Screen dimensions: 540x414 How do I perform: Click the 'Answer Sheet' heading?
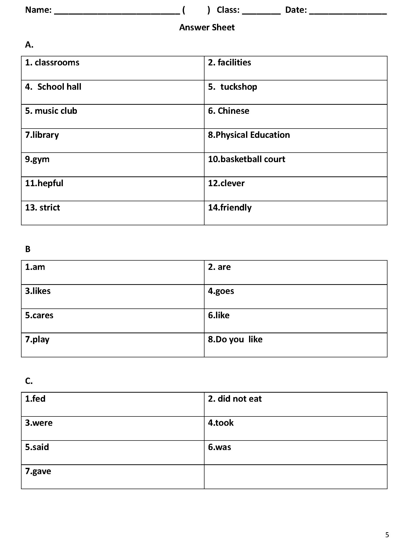click(x=207, y=27)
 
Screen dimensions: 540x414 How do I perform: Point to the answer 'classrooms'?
click(x=57, y=62)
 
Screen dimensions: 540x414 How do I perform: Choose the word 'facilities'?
click(x=234, y=62)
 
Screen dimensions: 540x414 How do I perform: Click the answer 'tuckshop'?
click(x=239, y=87)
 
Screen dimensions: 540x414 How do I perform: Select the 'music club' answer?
click(x=56, y=111)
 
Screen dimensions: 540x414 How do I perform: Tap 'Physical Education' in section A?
click(x=253, y=135)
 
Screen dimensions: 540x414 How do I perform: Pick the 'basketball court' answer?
click(x=253, y=159)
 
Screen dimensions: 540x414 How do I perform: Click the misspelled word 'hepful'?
click(x=50, y=183)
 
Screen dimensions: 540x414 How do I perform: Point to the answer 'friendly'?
click(x=236, y=207)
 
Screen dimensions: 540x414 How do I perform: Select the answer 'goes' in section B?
click(x=225, y=291)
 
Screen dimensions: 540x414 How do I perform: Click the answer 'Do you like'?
click(x=239, y=339)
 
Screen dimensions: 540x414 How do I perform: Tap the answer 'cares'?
click(x=43, y=315)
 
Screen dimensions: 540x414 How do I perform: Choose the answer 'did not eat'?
click(x=240, y=399)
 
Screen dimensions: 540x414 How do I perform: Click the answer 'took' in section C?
click(x=224, y=423)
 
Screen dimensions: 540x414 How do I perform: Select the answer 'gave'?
click(x=42, y=471)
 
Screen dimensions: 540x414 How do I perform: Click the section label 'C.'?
click(x=29, y=381)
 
